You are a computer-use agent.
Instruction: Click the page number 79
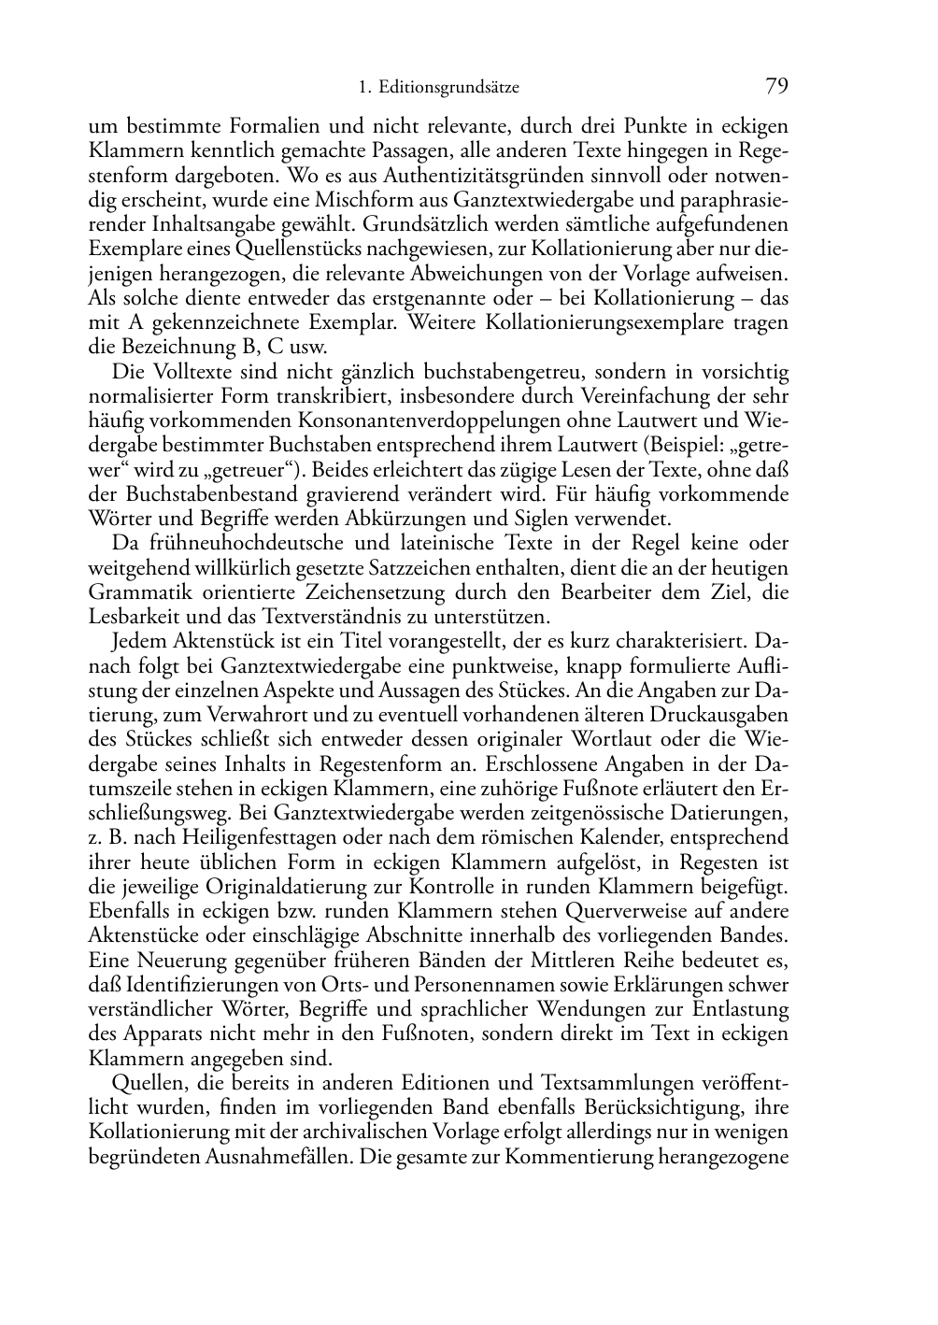776,87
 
